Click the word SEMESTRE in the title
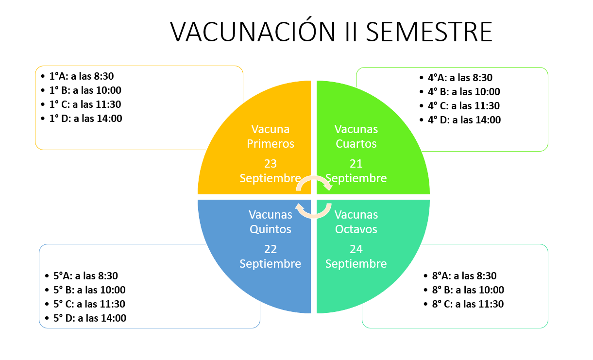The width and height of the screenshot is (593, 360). click(429, 32)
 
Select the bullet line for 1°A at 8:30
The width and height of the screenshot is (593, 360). click(82, 76)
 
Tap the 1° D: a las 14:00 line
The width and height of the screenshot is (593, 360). click(86, 119)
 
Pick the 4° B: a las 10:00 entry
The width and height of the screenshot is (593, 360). click(464, 92)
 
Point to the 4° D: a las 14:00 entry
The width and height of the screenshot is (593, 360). click(464, 120)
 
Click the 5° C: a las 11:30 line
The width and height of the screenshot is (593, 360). click(89, 304)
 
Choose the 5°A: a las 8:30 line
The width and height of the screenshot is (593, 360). click(85, 276)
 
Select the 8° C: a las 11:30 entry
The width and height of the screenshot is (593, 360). click(468, 304)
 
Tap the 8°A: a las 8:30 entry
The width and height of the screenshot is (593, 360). click(464, 276)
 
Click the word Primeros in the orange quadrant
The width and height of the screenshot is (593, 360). click(271, 144)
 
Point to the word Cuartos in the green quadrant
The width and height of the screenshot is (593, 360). click(356, 144)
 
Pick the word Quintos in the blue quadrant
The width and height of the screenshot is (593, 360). click(271, 229)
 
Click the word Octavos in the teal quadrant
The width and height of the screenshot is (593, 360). click(356, 229)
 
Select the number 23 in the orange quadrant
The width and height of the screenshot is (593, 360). click(271, 164)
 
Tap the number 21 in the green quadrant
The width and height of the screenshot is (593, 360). click(356, 164)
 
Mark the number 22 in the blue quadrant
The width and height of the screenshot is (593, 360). click(271, 249)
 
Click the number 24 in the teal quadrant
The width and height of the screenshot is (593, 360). click(356, 249)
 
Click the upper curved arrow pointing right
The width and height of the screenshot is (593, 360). click(314, 177)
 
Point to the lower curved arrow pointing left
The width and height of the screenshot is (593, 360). click(314, 216)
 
